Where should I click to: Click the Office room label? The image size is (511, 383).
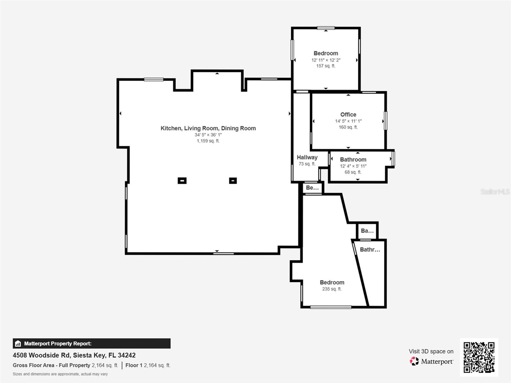coord(348,114)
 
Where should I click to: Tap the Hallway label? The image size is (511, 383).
coord(307,157)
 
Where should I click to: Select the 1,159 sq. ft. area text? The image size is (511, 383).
coord(208,141)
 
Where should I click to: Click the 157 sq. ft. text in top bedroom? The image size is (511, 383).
coord(325,66)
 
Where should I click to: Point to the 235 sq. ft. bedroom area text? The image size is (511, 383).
coord(332,289)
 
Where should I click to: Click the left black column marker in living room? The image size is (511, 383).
coord(182,181)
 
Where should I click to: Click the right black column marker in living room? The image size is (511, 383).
coord(233,181)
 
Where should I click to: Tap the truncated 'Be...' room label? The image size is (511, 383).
coord(312,188)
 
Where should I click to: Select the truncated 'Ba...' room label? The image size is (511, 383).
coord(367,230)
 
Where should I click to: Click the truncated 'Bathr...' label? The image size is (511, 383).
coord(370,250)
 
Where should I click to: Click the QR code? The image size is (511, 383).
coord(479,357)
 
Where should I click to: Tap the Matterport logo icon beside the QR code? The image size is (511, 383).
coord(414,361)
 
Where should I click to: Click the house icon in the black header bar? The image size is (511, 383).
coord(18,344)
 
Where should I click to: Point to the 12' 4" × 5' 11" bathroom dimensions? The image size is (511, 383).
coord(353,166)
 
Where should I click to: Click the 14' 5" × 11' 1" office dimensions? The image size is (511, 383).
coord(348,121)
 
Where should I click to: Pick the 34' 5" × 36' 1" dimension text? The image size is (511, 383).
coord(208,135)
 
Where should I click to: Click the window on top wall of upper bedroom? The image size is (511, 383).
coord(326,28)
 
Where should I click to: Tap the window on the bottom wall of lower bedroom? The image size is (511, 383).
coord(331,307)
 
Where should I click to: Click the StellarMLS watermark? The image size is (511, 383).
coord(495,191)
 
